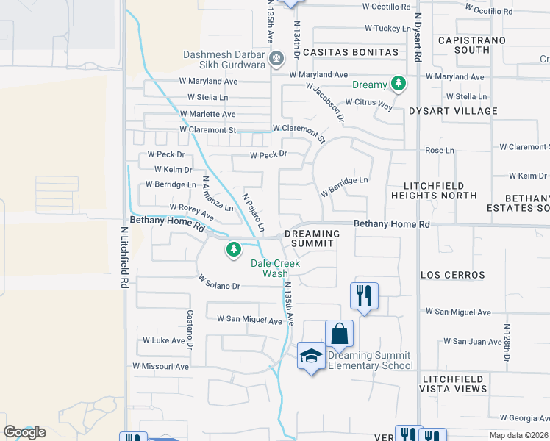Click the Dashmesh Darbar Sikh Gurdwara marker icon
pos(277,58)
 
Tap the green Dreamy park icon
pos(399,84)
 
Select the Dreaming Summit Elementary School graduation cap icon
pos(311,356)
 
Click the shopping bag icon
pos(339,333)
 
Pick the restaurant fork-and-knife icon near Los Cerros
pos(364,295)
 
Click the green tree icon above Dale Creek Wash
pos(234,250)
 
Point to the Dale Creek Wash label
pos(275,268)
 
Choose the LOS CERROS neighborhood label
pos(452,275)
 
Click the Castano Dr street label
pos(189,329)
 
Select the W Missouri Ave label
pos(160,366)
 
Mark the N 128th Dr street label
pos(507,342)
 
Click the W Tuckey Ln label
pos(387,29)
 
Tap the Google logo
pos(24,432)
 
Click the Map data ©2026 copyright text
pos(518,435)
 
